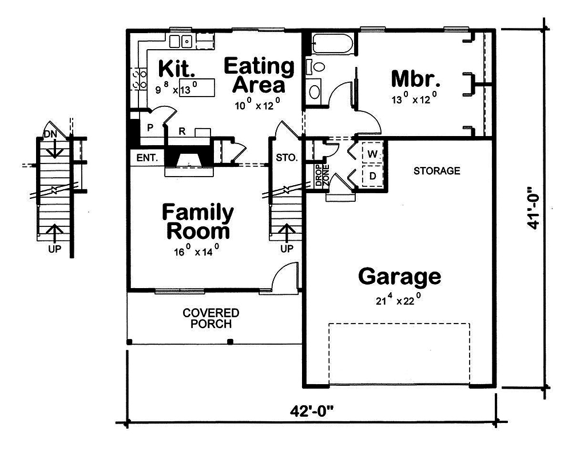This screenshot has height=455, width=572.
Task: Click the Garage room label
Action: [399, 277]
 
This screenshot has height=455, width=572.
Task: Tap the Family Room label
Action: [197, 222]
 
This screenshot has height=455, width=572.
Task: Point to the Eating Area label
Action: [259, 75]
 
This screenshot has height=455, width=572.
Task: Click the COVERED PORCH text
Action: [211, 318]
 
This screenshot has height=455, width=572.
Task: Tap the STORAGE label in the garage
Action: [437, 171]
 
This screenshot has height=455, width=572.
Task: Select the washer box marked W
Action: [372, 154]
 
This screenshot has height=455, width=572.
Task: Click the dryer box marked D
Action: [372, 176]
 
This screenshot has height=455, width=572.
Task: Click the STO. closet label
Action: [287, 158]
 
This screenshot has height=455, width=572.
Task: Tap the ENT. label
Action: [146, 157]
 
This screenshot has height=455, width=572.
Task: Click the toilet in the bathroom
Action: [316, 67]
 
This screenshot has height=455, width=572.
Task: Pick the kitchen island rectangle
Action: [197, 89]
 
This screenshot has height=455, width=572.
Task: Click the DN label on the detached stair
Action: [50, 135]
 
